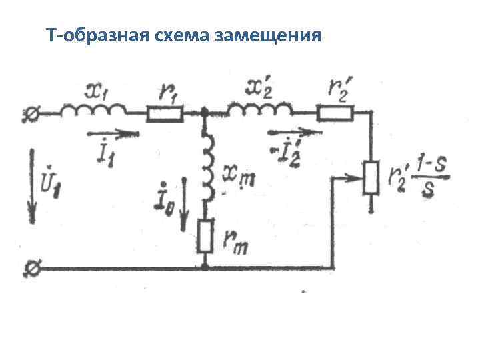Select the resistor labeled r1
click(165, 115)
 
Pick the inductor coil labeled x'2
click(260, 109)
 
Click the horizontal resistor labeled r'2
click(335, 114)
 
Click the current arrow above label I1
click(114, 133)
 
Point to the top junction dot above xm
click(205, 114)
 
